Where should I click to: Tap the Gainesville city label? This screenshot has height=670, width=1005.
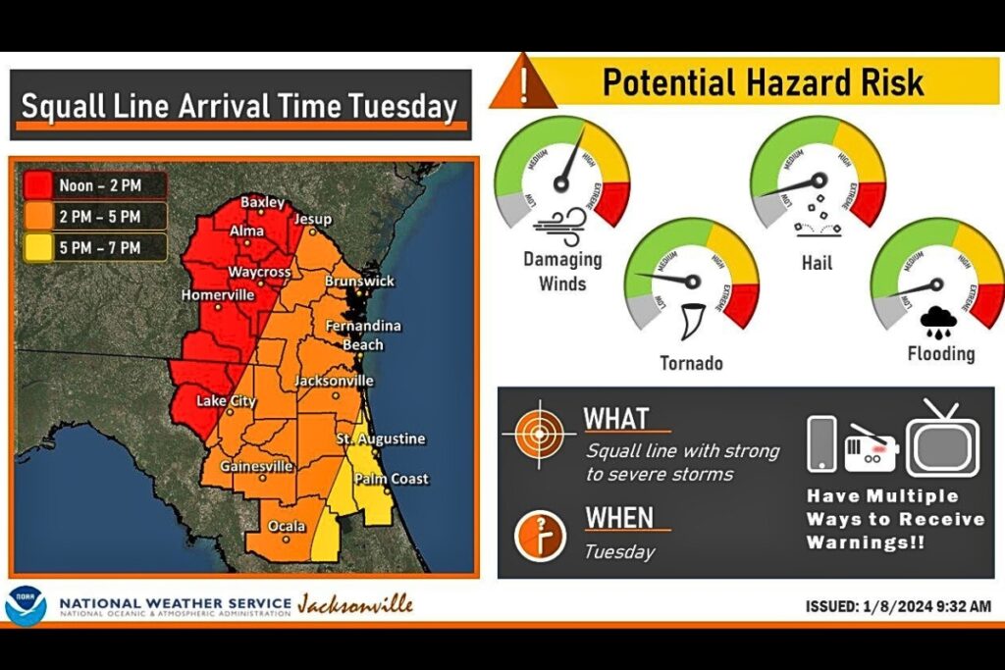tap(256, 466)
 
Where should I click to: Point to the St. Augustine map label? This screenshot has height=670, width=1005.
tap(381, 438)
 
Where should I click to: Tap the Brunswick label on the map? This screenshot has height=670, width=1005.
tap(359, 282)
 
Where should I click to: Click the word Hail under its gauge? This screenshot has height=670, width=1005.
tap(816, 263)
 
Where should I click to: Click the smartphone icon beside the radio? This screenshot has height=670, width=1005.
tap(821, 444)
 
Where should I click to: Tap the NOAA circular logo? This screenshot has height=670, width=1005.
tap(26, 605)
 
